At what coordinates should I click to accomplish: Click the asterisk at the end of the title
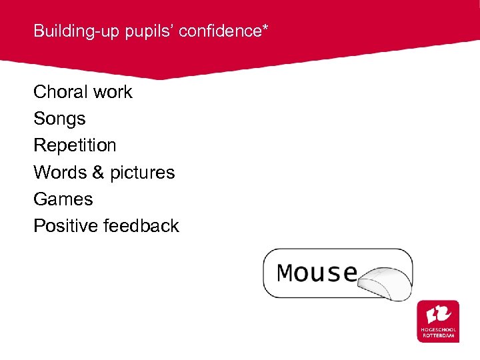coord(265,29)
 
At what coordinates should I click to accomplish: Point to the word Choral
coord(60,92)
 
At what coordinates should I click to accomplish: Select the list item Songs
coord(59,119)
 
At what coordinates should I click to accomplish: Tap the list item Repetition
coord(75,146)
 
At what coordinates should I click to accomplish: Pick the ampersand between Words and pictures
coord(99,172)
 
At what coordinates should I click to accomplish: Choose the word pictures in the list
coord(143,173)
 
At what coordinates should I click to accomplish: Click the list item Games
coord(63,199)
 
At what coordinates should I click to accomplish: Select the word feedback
coord(141,225)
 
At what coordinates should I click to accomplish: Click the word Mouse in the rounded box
coord(317,273)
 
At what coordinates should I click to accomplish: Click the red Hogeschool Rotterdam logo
coord(438,321)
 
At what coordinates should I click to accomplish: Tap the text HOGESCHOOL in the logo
coord(439,330)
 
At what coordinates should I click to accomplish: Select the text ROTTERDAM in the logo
coord(439,336)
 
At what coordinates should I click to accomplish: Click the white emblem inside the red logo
coord(438,313)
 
